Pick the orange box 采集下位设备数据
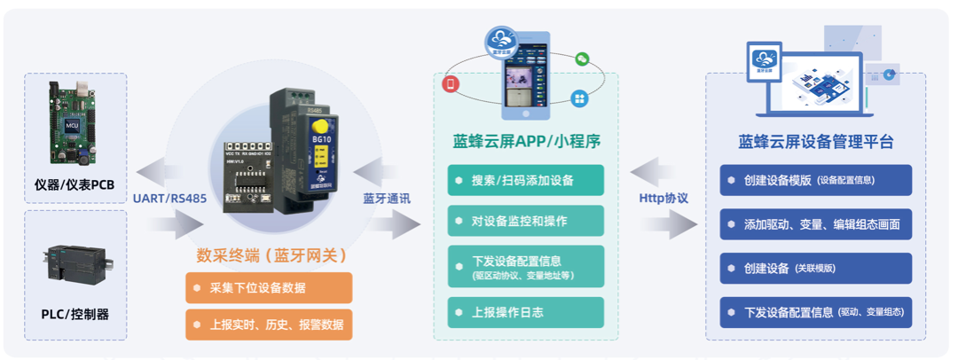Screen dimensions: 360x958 (x=269, y=288)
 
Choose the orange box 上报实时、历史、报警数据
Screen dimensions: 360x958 (x=269, y=324)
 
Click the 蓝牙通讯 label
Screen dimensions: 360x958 (x=386, y=199)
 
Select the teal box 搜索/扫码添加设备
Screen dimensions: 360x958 (x=526, y=180)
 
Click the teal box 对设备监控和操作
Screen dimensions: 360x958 (x=526, y=221)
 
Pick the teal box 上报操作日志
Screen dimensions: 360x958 (x=526, y=312)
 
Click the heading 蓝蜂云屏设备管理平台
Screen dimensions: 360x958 (x=815, y=142)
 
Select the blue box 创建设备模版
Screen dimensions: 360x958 (x=815, y=180)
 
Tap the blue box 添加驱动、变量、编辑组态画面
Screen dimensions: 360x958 (x=815, y=225)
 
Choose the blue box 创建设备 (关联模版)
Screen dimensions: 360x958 (x=815, y=269)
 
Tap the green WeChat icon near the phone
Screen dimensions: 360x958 (x=582, y=59)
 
